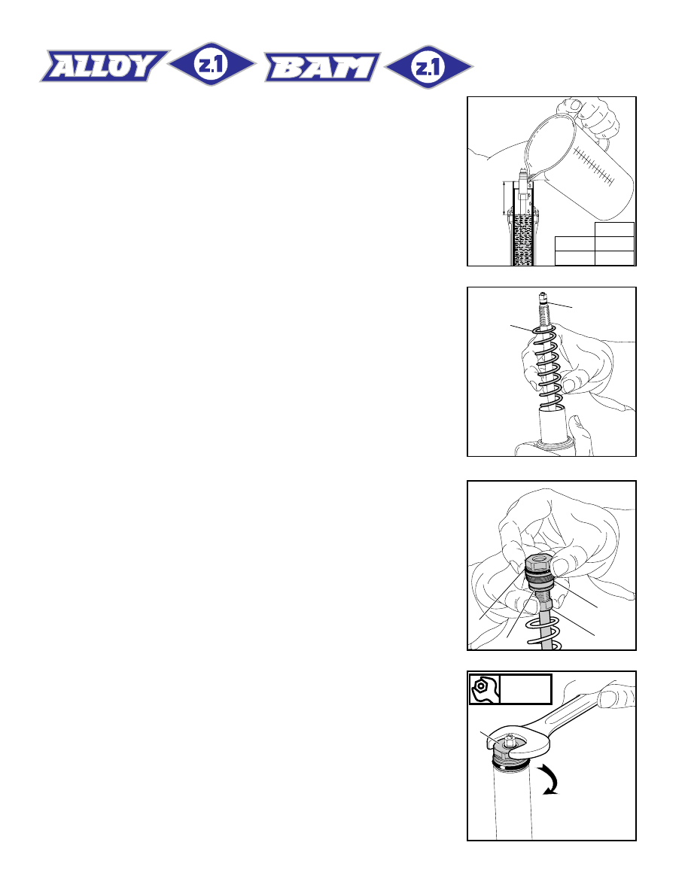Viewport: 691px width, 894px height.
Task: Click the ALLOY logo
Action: [105, 65]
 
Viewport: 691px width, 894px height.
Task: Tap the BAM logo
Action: [322, 67]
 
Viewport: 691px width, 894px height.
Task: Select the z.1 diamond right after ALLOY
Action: [212, 64]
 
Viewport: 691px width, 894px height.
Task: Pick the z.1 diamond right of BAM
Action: [429, 67]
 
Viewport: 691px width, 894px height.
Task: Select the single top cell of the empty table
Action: [614, 230]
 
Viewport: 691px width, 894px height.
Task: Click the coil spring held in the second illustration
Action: [548, 368]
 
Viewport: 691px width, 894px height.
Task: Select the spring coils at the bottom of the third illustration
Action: [544, 633]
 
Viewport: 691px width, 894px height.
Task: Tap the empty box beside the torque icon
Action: [525, 689]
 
